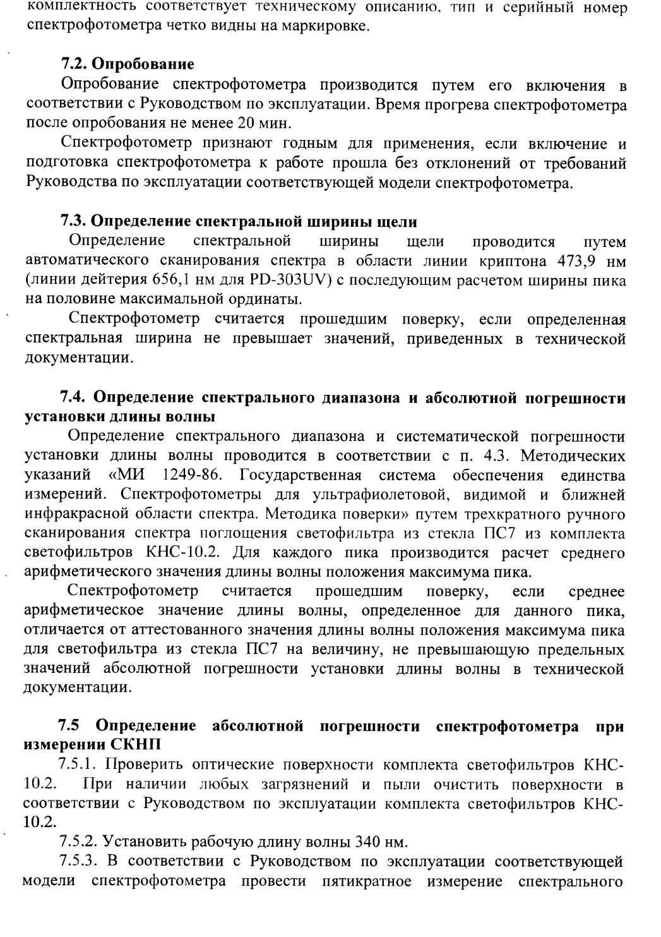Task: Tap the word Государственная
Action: (x=301, y=475)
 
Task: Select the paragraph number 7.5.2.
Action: (x=78, y=842)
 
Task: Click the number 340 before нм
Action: (x=368, y=842)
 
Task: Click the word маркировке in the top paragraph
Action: (x=323, y=28)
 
